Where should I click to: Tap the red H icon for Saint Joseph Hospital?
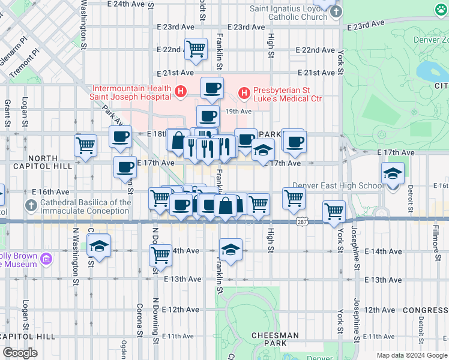[x=181, y=91]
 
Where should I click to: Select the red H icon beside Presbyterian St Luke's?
[x=244, y=92]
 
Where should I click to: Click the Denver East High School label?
[x=337, y=185]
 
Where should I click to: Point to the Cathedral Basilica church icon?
[x=31, y=206]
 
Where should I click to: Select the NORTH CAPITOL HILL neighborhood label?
[x=43, y=163]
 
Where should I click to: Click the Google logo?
[x=20, y=353]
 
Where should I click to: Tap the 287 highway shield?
[x=303, y=222]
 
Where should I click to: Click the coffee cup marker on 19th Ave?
[x=208, y=115]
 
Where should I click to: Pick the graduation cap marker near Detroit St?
[x=393, y=174]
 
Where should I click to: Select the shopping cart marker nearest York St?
[x=334, y=211]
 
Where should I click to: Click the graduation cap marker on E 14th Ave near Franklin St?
[x=231, y=249]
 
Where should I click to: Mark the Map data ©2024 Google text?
[x=411, y=355]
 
